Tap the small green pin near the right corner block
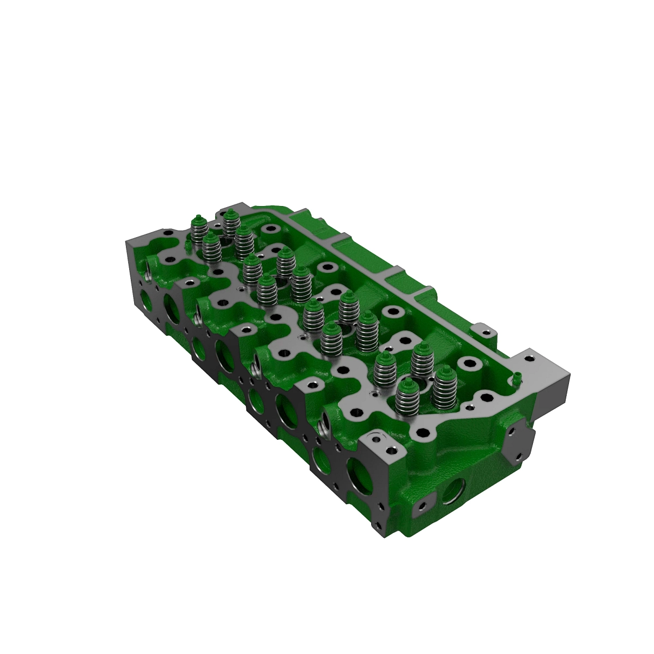point(514,377)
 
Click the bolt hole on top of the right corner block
point(528,358)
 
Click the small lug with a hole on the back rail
point(482,329)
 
